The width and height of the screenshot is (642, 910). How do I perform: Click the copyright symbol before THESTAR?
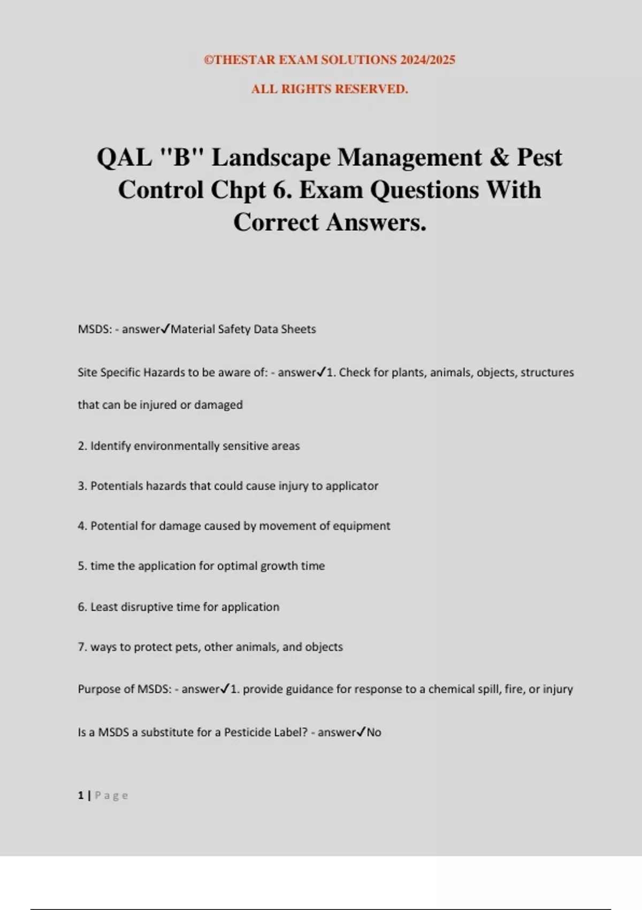(x=209, y=60)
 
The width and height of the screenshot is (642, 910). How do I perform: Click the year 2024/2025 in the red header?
(x=427, y=60)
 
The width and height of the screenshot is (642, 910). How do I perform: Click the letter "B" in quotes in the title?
(x=182, y=157)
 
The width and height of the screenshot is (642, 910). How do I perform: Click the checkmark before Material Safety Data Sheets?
(x=165, y=329)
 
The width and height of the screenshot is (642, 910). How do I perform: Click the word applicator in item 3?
(x=351, y=486)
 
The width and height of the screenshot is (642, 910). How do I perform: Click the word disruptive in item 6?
(x=147, y=607)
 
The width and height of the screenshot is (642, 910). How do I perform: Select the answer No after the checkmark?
(x=374, y=732)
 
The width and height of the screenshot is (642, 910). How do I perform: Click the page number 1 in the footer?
(x=81, y=795)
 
